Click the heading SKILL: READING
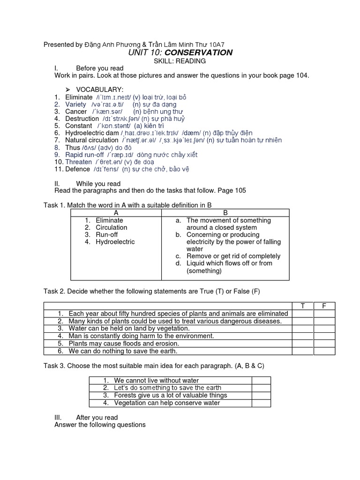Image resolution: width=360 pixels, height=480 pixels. (180, 61)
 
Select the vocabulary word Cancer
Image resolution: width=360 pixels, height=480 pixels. (76, 112)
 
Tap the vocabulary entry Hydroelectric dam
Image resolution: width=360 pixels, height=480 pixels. (92, 133)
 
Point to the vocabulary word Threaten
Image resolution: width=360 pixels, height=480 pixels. (79, 162)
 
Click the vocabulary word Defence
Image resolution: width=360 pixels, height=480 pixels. (77, 169)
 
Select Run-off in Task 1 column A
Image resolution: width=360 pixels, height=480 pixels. (107, 234)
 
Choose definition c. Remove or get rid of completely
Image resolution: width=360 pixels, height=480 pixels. (233, 256)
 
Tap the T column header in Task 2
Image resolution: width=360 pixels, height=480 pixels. (303, 306)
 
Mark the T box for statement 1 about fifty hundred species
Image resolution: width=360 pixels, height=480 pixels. (303, 314)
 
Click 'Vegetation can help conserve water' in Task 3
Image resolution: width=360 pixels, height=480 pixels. (166, 403)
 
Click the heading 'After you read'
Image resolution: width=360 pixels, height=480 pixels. (97, 417)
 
